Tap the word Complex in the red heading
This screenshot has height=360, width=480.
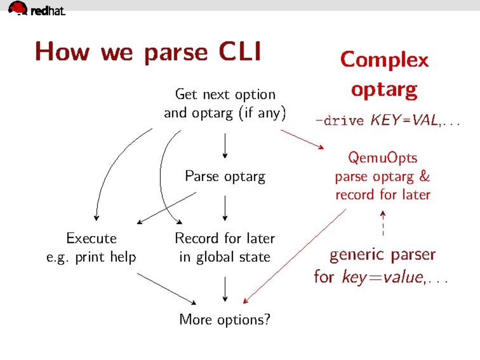tap(384, 60)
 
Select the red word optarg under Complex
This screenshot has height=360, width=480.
tap(384, 90)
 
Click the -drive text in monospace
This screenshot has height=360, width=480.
tap(340, 121)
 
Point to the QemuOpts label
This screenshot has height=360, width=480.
tap(382, 158)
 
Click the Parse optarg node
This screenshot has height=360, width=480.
tap(225, 176)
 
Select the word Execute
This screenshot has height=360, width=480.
tap(91, 238)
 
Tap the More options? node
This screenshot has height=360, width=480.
tap(225, 319)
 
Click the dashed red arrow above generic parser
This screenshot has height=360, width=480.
tap(383, 223)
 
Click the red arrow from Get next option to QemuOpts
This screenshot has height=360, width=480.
tap(302, 139)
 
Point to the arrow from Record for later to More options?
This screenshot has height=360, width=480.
tap(225, 289)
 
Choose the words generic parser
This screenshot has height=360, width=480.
tap(382, 255)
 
